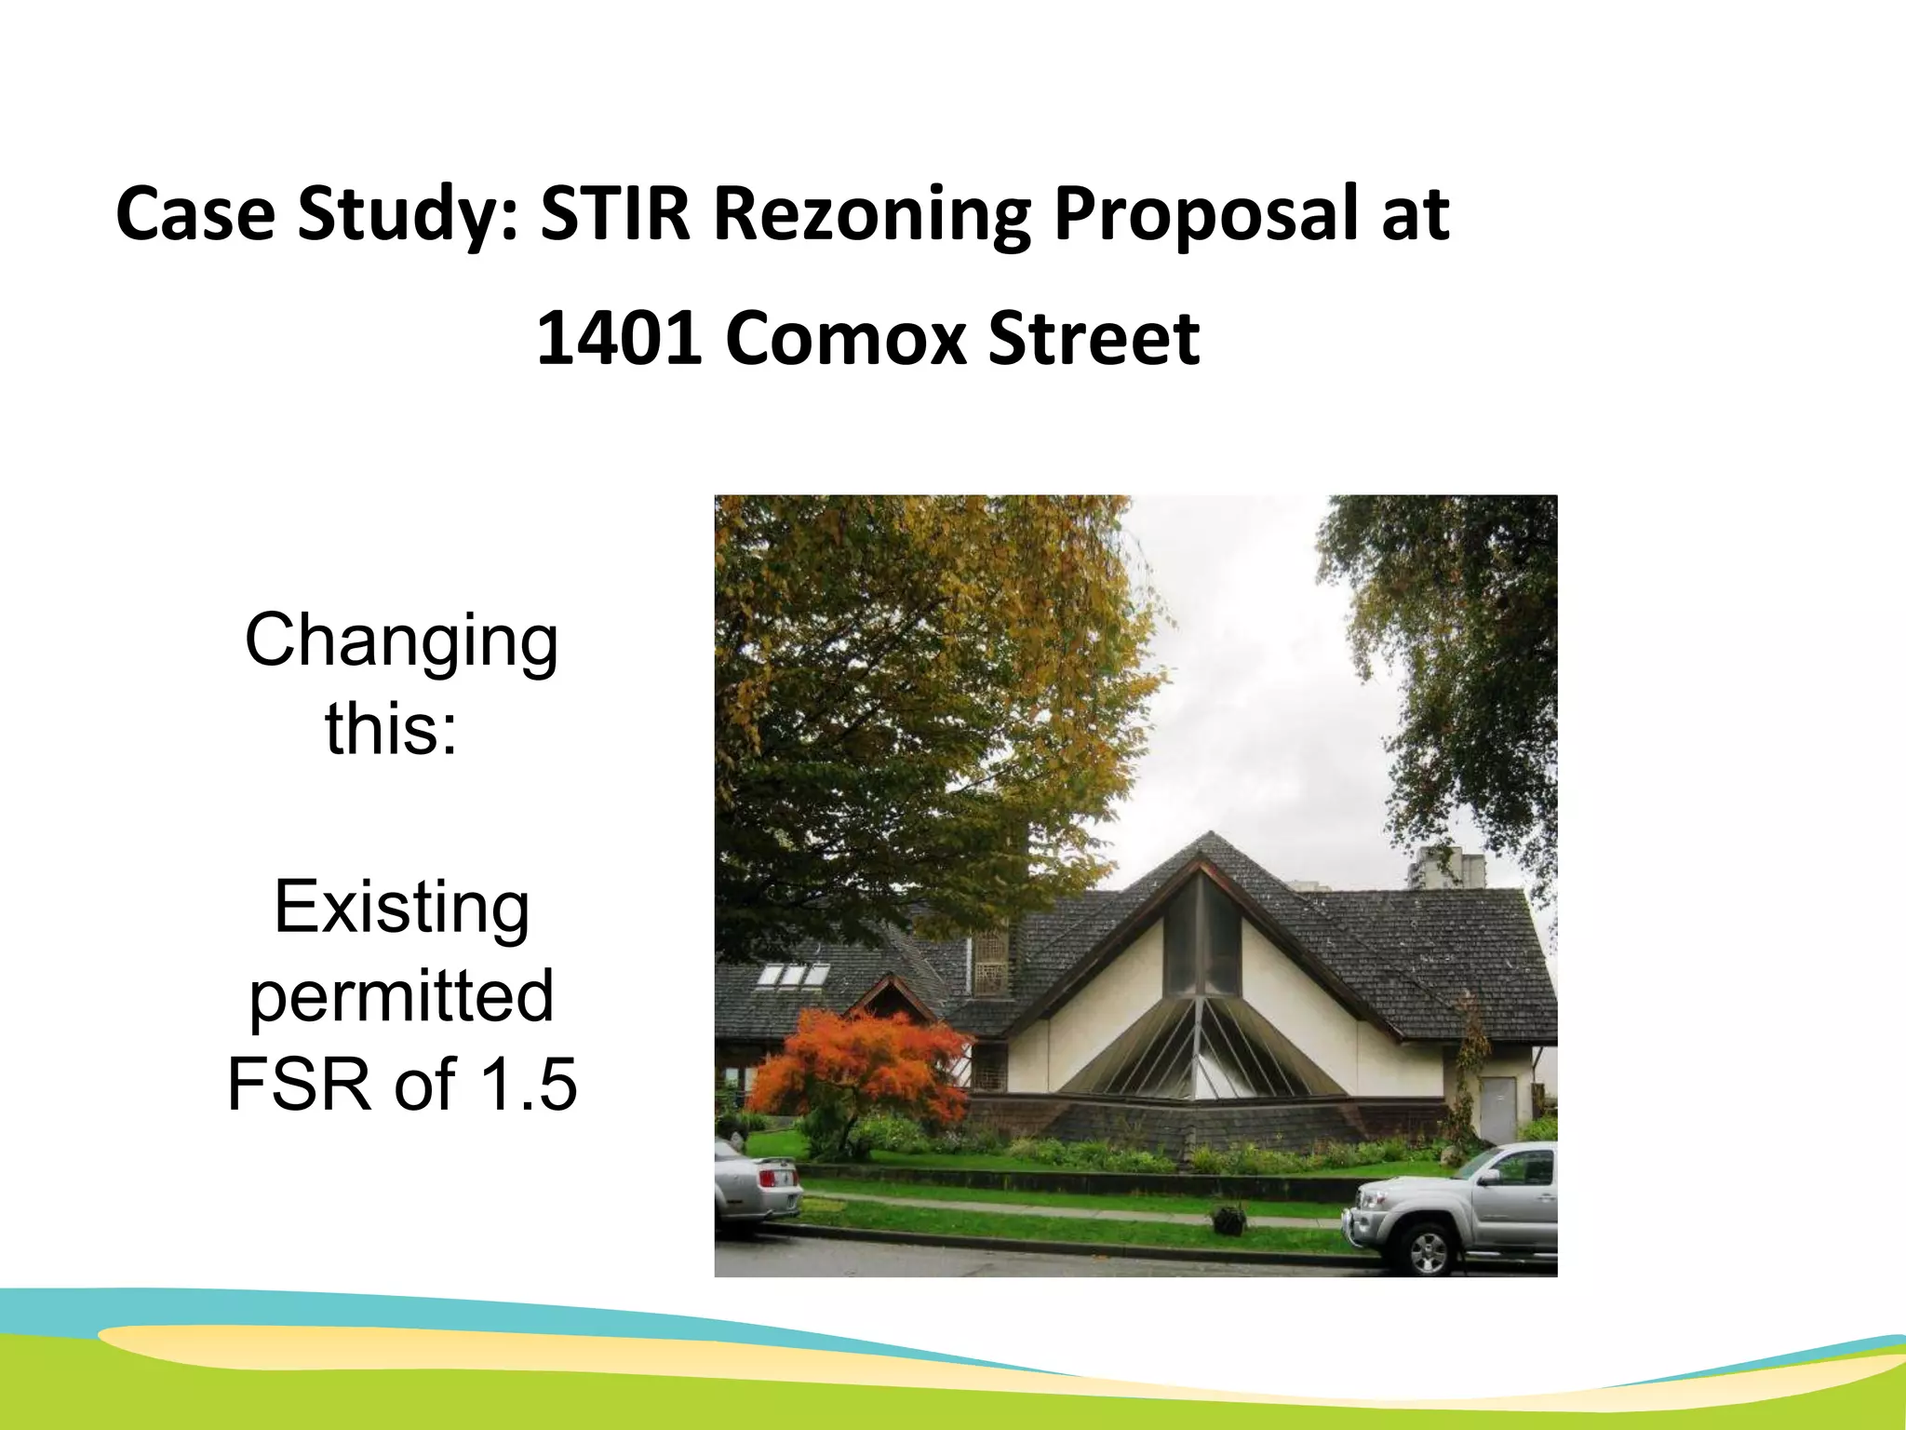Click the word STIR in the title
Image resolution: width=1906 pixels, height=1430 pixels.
[x=615, y=214]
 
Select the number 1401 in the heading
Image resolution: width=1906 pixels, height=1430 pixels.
[x=619, y=337]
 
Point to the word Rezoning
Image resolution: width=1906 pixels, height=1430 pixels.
[x=872, y=216]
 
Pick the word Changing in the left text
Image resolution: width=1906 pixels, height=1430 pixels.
[x=401, y=642]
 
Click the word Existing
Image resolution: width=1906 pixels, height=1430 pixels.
[x=401, y=908]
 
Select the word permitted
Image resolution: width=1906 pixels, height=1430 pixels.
[x=401, y=996]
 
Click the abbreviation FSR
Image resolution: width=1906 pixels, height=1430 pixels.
[x=302, y=1085]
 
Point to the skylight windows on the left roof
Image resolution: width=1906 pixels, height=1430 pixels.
[x=794, y=975]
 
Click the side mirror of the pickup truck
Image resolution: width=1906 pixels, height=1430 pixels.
[x=1487, y=1177]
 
